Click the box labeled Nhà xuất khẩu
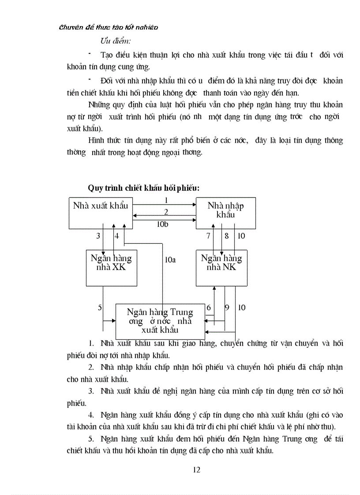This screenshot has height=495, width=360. click(101, 213)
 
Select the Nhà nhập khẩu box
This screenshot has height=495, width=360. click(225, 213)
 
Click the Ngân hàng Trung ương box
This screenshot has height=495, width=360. click(160, 321)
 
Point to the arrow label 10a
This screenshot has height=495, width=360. click(170, 260)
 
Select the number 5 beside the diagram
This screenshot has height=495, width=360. click(100, 308)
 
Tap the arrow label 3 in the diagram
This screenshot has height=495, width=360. click(98, 236)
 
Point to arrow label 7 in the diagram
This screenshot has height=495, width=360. click(208, 236)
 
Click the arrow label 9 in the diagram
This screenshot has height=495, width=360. click(227, 308)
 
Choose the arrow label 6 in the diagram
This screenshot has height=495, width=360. click(209, 308)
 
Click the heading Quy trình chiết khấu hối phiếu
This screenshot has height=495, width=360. click(144, 188)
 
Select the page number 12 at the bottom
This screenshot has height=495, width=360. click(197, 469)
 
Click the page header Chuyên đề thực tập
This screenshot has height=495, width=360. click(109, 27)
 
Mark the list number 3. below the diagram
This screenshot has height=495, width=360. click(91, 391)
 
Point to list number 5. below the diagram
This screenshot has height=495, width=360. click(91, 439)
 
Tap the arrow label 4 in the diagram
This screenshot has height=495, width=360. click(117, 236)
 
